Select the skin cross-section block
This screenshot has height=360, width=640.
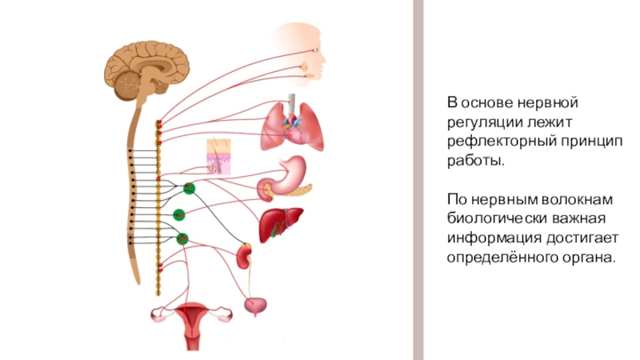pos(218,156)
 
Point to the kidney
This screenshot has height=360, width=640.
pos(245,256)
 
